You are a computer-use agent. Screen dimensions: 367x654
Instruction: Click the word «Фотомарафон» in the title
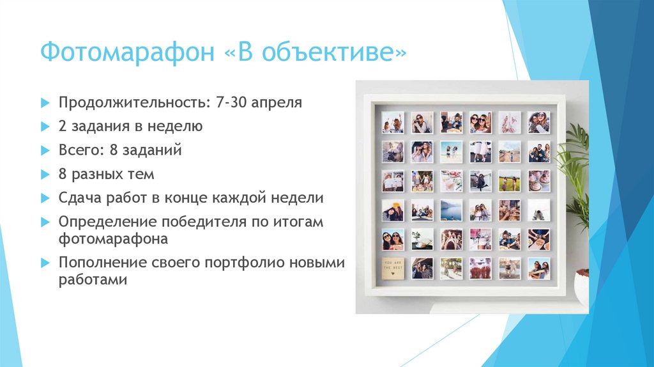[x=126, y=52]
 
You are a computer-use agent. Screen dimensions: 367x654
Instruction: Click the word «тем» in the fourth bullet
[x=142, y=174]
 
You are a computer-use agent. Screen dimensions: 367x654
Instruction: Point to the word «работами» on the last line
[x=93, y=280]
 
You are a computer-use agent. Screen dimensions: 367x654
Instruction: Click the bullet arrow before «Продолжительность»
[x=44, y=102]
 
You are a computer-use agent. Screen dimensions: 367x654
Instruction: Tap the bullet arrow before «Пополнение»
[x=44, y=263]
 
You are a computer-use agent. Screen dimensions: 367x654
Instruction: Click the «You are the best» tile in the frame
[x=392, y=268]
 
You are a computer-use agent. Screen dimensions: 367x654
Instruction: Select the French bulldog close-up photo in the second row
[x=392, y=152]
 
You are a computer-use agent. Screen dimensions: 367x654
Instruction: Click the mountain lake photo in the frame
[x=451, y=210]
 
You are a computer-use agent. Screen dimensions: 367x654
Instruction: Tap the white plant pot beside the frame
[x=582, y=287]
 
